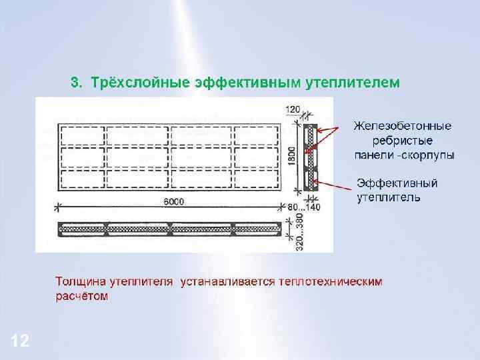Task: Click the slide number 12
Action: pyautogui.click(x=20, y=342)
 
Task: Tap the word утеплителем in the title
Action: pyautogui.click(x=353, y=83)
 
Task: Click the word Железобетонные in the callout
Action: pyautogui.click(x=402, y=126)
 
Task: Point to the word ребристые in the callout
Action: pyautogui.click(x=402, y=141)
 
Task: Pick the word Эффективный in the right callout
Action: pyautogui.click(x=397, y=183)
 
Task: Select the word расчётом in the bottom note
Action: pyautogui.click(x=81, y=297)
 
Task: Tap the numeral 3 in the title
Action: pyautogui.click(x=75, y=83)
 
